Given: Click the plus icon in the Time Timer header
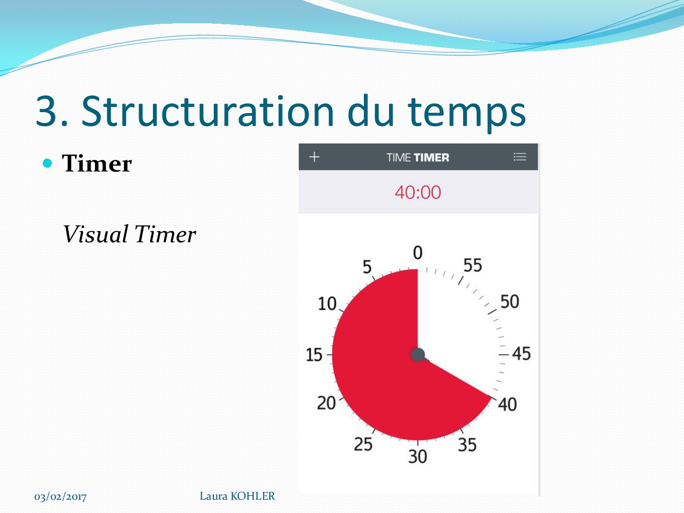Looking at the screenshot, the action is [314, 157].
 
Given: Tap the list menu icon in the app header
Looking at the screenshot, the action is [520, 157].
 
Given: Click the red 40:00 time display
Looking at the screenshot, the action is [418, 192].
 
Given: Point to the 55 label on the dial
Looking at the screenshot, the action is [473, 266].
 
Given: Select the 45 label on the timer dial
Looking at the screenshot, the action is [522, 353].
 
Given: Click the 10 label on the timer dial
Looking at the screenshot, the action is [327, 304].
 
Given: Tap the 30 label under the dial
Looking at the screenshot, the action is [418, 456].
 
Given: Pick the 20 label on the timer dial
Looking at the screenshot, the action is [326, 403].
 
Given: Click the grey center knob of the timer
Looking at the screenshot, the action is [418, 355].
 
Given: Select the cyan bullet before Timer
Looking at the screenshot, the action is [47, 163].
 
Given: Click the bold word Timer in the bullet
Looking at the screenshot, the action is [97, 163].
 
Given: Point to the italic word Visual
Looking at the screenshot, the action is [95, 234].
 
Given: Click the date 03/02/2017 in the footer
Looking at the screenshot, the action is [60, 496].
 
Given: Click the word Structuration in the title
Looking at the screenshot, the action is [208, 112].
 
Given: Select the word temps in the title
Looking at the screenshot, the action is [467, 114].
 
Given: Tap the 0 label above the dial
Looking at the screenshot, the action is [418, 253].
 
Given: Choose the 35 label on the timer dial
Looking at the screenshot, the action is [467, 445].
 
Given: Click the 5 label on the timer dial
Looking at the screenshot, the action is [367, 267].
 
